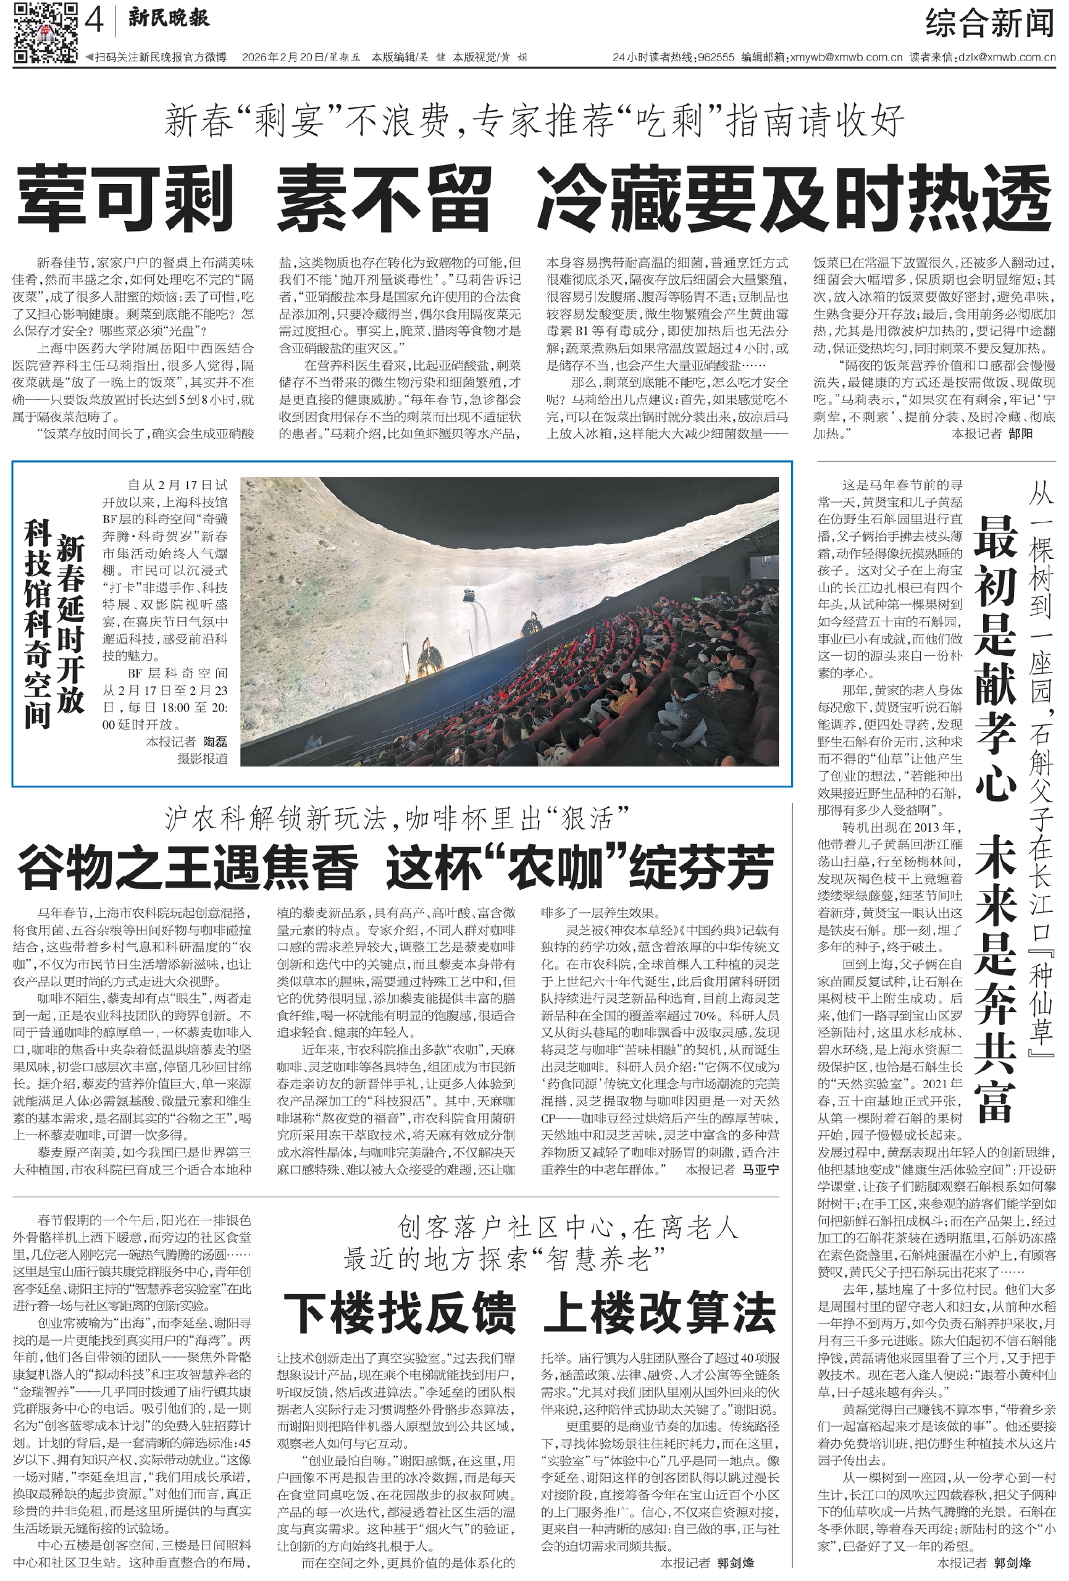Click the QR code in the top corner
tap(45, 32)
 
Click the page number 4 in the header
tap(94, 22)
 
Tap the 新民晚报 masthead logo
tap(169, 19)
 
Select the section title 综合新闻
tap(989, 25)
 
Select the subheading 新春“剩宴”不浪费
tap(306, 122)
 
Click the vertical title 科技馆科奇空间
tap(38, 623)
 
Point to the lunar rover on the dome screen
tap(469, 594)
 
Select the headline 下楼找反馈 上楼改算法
tap(529, 1313)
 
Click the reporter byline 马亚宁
tap(760, 1168)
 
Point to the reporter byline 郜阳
tap(1021, 434)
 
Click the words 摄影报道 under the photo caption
tap(202, 758)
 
